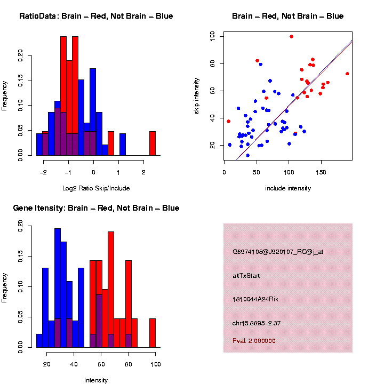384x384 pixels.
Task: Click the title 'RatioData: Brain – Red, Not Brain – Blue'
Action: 96,16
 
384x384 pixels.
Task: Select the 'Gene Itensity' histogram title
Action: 96,208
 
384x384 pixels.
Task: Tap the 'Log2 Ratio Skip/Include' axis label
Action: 96,188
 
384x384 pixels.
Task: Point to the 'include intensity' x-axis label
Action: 288,188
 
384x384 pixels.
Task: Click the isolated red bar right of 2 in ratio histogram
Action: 153,143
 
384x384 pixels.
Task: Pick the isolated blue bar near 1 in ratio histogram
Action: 123,144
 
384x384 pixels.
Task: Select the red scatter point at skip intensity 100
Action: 292,37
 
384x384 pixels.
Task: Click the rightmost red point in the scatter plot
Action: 347,74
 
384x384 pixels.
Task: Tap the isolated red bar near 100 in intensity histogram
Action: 153,333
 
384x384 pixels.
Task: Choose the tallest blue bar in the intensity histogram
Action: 58,288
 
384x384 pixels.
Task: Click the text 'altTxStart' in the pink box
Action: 246,276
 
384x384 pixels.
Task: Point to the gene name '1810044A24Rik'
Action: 255,299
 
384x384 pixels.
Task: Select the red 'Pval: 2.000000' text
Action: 254,340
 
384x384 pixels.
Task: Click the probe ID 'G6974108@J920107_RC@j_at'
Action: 278,252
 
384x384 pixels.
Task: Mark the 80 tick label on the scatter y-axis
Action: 213,64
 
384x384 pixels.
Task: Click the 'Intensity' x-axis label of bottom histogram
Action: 96,380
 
